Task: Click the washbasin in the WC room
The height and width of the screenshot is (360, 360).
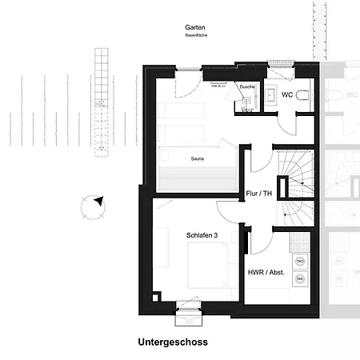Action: pos(270,96)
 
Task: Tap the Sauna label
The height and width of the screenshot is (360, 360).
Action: pos(197,159)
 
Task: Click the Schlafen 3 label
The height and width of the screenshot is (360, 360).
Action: pos(202,235)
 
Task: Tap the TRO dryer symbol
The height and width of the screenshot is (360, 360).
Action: pos(301,262)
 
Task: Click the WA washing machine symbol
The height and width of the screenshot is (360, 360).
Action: pos(301,278)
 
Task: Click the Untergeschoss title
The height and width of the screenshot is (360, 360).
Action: pos(173,342)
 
